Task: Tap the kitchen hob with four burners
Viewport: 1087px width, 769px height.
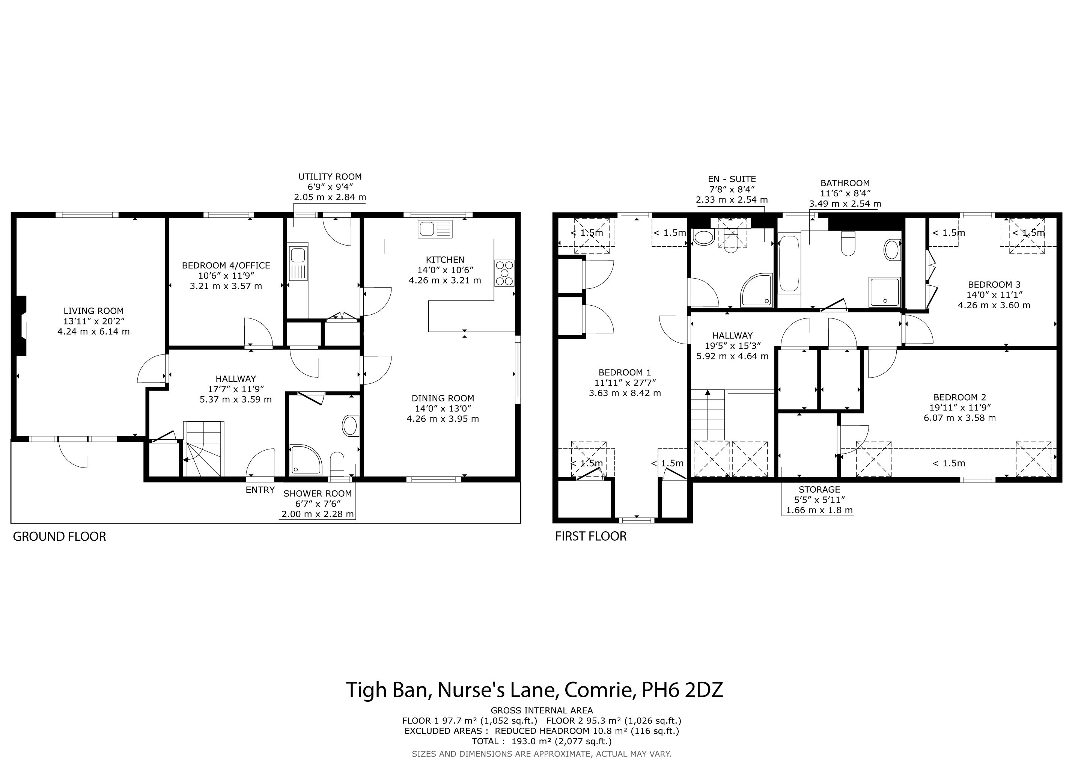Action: (x=505, y=273)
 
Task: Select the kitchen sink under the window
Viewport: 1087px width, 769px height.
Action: (x=435, y=229)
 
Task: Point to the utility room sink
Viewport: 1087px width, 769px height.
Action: (x=298, y=262)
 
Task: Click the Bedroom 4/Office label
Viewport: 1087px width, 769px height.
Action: (x=226, y=265)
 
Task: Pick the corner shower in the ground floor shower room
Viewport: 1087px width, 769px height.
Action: (x=306, y=459)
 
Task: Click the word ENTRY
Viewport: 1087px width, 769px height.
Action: (x=260, y=490)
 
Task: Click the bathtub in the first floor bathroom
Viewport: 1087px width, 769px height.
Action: (x=788, y=263)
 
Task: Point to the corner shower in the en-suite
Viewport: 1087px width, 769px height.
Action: (x=757, y=290)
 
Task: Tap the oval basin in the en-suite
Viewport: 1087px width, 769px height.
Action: (x=703, y=237)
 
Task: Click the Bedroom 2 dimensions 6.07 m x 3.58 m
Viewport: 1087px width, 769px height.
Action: (x=960, y=418)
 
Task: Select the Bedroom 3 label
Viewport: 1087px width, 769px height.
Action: (x=994, y=285)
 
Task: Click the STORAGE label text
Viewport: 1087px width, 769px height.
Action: (x=819, y=490)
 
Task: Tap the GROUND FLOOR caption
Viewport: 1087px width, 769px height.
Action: (x=59, y=537)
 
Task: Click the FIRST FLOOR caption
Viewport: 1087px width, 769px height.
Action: (x=591, y=536)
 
